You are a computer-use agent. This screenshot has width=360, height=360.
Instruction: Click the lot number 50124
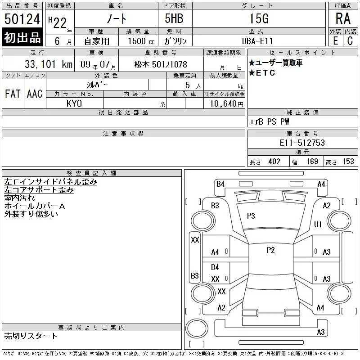[22, 19]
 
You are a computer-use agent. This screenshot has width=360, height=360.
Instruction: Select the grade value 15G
[259, 18]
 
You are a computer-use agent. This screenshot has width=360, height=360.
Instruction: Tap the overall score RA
[343, 18]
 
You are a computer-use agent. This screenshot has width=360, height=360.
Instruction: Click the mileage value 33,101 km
[49, 64]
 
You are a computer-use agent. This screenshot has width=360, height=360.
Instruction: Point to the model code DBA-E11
[257, 41]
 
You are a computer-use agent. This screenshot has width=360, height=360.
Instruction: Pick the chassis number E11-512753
[302, 143]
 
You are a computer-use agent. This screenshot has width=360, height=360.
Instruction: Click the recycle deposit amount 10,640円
[226, 104]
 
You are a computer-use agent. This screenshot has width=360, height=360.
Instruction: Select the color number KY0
[74, 103]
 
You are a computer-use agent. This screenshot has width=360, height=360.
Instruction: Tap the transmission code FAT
[13, 94]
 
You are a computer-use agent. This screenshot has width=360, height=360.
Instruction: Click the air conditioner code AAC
[35, 94]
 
